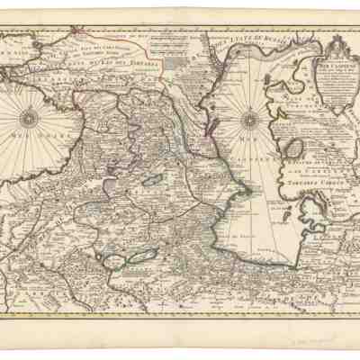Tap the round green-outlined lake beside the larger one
tap(124, 264)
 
